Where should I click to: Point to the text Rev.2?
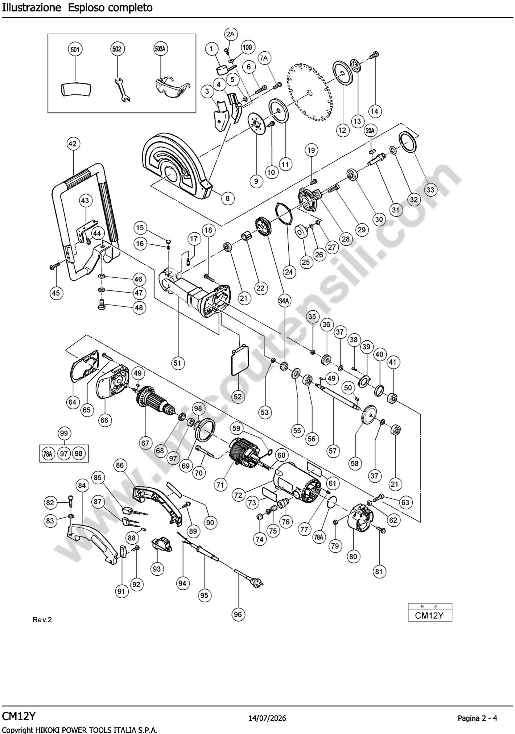[x=42, y=620]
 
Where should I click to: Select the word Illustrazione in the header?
[x=31, y=8]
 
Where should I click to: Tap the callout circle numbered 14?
[x=375, y=111]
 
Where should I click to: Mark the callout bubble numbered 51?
[x=177, y=363]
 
